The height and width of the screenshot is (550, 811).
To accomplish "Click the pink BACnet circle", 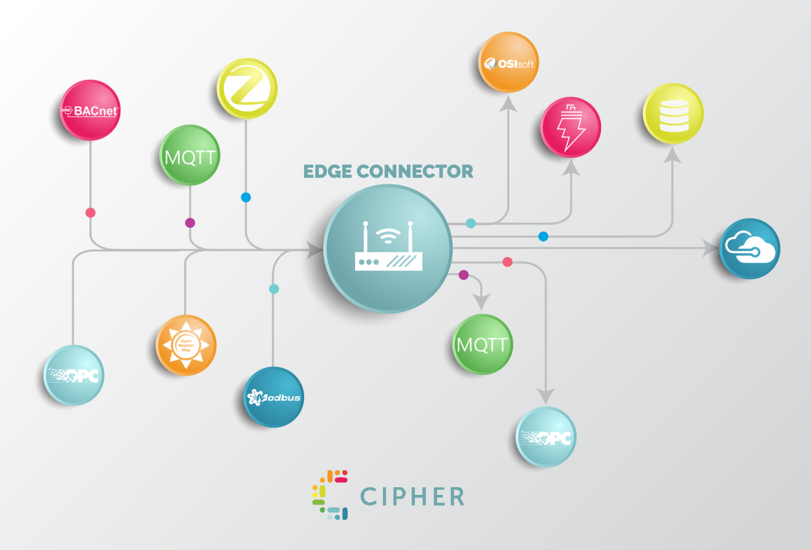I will (90, 110).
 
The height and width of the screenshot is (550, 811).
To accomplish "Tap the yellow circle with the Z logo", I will (247, 88).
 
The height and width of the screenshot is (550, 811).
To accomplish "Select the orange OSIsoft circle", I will (509, 62).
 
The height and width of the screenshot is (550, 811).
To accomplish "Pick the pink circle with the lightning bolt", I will (571, 128).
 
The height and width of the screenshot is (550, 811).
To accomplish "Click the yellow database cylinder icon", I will (674, 115).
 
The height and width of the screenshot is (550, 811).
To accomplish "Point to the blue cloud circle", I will (749, 248).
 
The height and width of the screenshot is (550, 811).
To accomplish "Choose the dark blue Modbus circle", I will (274, 397).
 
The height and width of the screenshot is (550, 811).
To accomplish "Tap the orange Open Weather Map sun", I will (186, 345).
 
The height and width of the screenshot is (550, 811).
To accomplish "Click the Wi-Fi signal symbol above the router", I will (388, 235).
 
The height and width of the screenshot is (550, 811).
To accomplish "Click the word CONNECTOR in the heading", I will (415, 172).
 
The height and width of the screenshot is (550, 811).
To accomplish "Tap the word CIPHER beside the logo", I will (412, 496).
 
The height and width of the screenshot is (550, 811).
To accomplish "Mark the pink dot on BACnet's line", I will (91, 212).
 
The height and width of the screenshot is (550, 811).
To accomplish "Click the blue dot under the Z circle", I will (246, 198).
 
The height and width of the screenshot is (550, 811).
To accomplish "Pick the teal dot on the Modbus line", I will (274, 289).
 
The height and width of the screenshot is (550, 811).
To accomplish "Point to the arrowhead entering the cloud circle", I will (710, 248).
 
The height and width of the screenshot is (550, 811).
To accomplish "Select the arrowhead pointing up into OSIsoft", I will (508, 103).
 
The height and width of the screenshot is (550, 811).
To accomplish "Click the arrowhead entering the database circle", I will (672, 155).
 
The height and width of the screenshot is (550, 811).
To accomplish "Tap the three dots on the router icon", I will (369, 262).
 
